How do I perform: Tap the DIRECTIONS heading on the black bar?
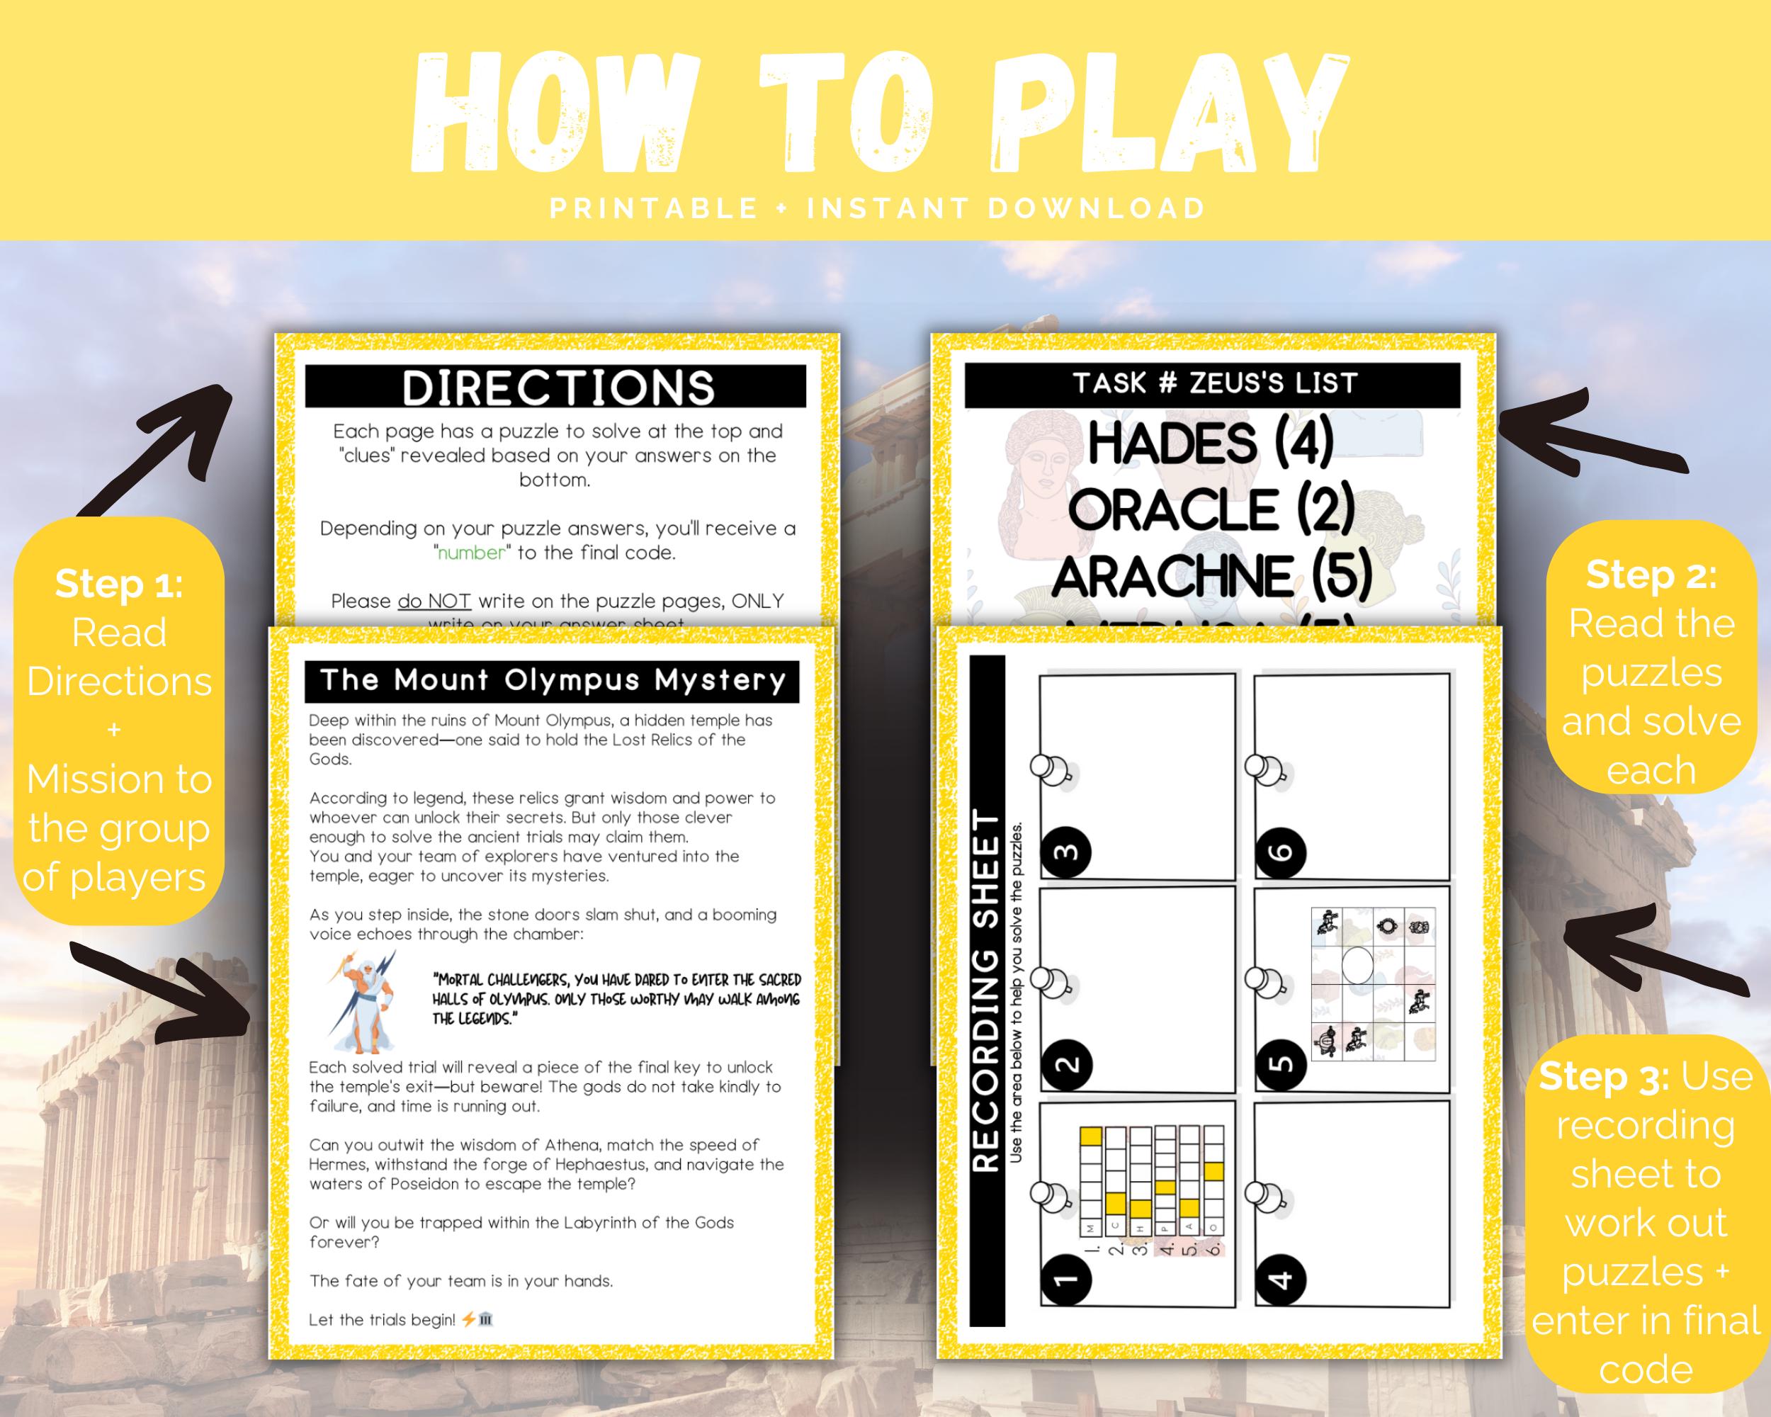coord(558,387)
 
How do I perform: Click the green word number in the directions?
coord(470,553)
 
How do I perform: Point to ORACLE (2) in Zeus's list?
coord(1211,509)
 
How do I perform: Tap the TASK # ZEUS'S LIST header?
coord(1215,383)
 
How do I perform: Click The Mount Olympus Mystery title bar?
coord(552,680)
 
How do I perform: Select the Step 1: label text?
coord(119,584)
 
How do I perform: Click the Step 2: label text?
coord(1651,575)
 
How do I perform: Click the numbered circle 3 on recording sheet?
coord(1066,852)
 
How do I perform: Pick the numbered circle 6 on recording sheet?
coord(1281,852)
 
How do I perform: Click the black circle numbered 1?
coord(1066,1279)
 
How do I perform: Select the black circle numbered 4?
coord(1281,1279)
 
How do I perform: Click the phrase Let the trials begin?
coord(382,1319)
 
